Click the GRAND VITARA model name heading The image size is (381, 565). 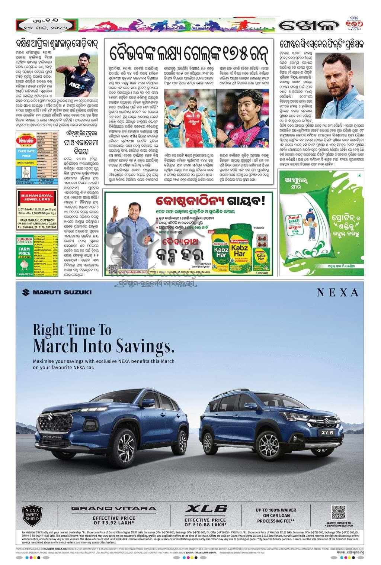[113, 508]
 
